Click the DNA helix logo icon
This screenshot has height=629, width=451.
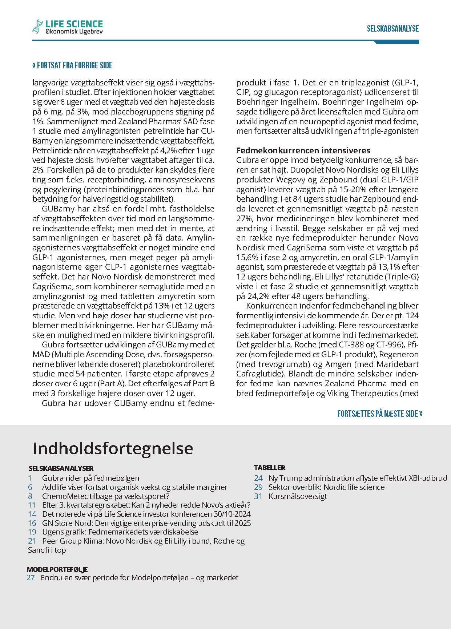click(x=37, y=26)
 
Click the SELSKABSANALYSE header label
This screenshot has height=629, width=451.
click(x=392, y=29)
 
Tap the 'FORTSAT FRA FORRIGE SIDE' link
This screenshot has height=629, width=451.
click(x=72, y=65)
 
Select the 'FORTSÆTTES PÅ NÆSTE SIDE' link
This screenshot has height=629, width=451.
click(x=380, y=414)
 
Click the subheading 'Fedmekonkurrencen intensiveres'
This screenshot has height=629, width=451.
click(x=303, y=150)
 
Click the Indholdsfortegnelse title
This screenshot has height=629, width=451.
click(x=113, y=448)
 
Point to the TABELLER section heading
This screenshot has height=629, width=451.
click(x=270, y=468)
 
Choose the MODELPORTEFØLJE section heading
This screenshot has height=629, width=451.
click(x=57, y=569)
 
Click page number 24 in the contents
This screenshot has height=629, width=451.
click(x=258, y=478)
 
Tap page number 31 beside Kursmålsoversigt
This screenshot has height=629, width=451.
click(x=258, y=496)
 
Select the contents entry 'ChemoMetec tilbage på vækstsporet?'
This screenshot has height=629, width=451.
click(x=106, y=496)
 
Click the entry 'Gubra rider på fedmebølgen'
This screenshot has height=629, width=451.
click(x=90, y=478)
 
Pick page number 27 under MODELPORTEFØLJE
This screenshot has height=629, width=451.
click(x=31, y=578)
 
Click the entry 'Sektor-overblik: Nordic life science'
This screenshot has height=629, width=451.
click(x=326, y=487)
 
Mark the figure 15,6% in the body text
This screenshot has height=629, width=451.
click(x=247, y=257)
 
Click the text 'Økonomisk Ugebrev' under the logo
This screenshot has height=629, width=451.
click(x=74, y=32)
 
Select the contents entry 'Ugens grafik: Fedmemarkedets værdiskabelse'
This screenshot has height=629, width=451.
click(x=120, y=532)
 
